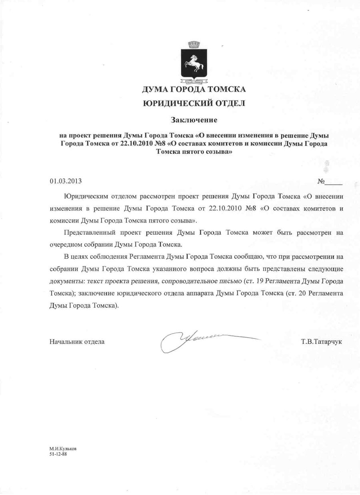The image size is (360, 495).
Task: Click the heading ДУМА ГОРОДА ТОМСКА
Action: tap(194, 89)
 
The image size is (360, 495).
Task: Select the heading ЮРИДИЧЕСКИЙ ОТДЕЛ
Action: tap(194, 104)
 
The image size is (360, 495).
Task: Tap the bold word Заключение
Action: tap(194, 120)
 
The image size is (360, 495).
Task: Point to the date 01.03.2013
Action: tap(66, 181)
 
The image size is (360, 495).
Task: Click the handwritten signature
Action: tap(200, 339)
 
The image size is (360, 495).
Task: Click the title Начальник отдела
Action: tap(77, 342)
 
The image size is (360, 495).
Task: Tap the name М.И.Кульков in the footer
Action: tap(60, 449)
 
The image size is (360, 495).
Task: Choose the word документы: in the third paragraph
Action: tap(66, 281)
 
